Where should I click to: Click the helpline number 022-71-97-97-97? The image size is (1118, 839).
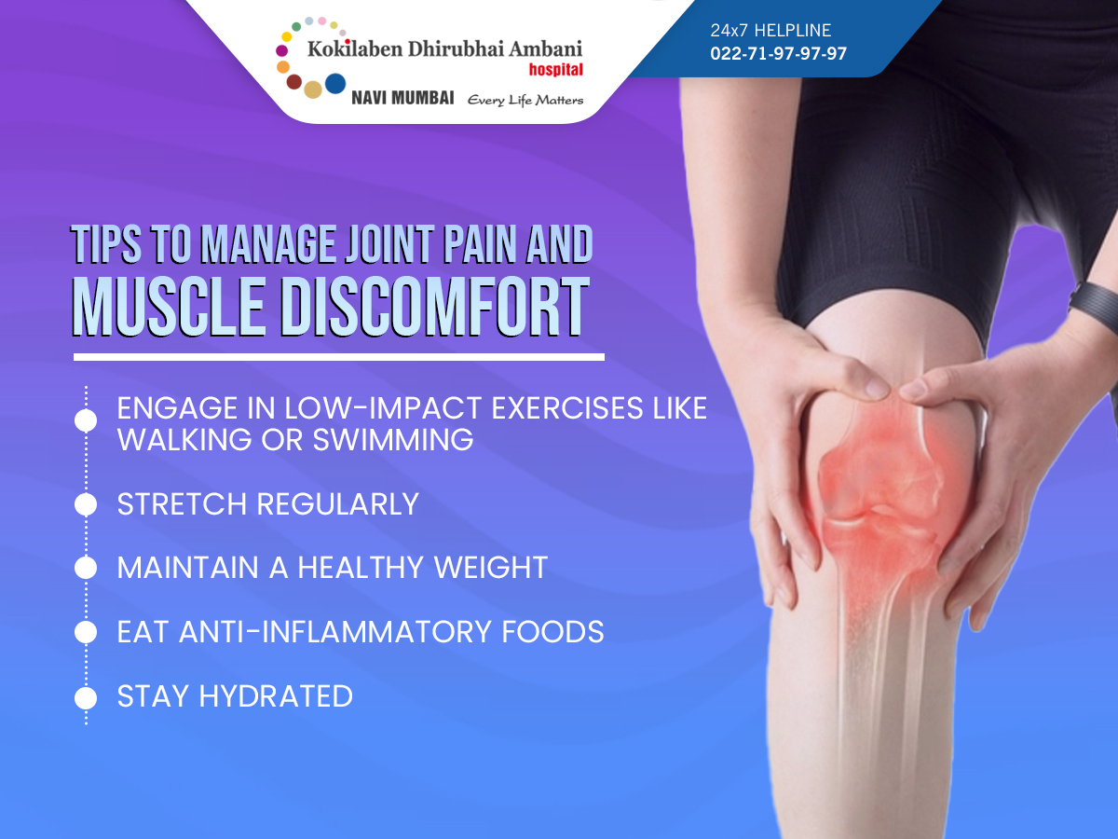778,53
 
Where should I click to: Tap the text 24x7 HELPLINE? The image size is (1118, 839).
770,31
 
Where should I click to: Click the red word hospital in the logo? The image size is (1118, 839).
555,69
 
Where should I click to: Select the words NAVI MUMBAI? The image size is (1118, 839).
402,98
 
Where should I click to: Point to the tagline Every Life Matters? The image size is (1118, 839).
525,100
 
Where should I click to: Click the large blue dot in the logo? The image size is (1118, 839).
335,84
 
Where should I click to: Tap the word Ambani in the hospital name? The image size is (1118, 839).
546,48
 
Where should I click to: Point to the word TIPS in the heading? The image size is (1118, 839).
106,244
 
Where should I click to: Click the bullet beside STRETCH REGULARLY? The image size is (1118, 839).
86,504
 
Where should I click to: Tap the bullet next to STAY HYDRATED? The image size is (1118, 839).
86,697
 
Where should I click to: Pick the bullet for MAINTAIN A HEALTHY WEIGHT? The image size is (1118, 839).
86,568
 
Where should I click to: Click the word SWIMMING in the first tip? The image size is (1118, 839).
393,440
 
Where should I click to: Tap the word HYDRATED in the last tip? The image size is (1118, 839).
276,696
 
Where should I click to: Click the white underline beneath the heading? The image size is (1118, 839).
339,357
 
